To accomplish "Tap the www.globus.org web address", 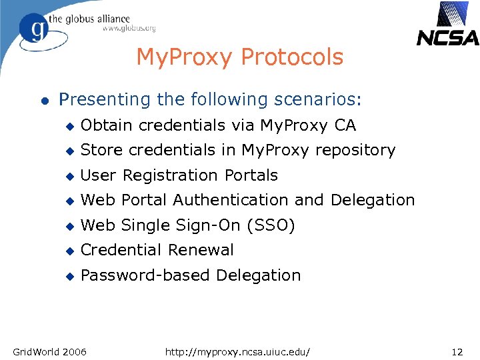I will tap(129, 29).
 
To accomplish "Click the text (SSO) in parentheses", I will tap(271, 225).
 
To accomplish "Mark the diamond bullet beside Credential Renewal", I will tap(68, 251).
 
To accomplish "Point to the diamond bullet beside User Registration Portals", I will tap(68, 176).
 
